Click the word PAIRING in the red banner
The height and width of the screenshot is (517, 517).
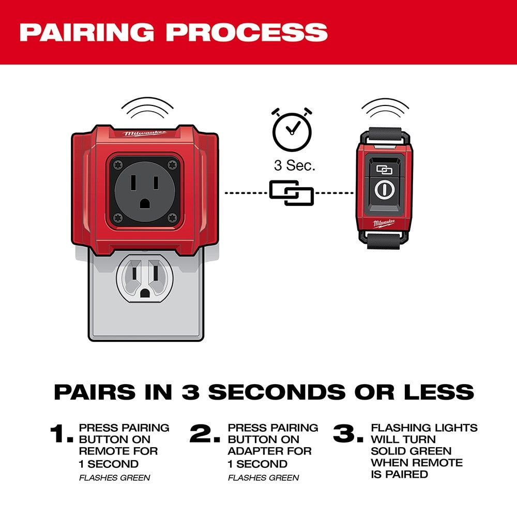pyautogui.click(x=87, y=32)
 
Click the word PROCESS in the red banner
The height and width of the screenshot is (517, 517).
pyautogui.click(x=247, y=32)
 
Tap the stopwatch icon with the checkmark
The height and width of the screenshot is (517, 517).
pyautogui.click(x=292, y=130)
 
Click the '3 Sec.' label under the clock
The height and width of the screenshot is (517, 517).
pyautogui.click(x=295, y=165)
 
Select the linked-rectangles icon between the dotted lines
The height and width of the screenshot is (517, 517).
pyautogui.click(x=292, y=193)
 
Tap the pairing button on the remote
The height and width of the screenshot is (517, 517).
pyautogui.click(x=384, y=170)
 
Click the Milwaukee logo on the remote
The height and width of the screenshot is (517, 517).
pyautogui.click(x=384, y=223)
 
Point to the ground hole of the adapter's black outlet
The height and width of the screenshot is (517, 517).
pyautogui.click(x=144, y=203)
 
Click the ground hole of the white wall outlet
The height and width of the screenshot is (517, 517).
pyautogui.click(x=144, y=293)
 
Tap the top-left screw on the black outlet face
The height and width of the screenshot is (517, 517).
pyautogui.click(x=118, y=164)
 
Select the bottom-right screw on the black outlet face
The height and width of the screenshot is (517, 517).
pyautogui.click(x=172, y=218)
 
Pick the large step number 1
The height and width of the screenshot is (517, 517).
pyautogui.click(x=62, y=433)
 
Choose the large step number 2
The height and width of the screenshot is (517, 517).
pyautogui.click(x=205, y=433)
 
